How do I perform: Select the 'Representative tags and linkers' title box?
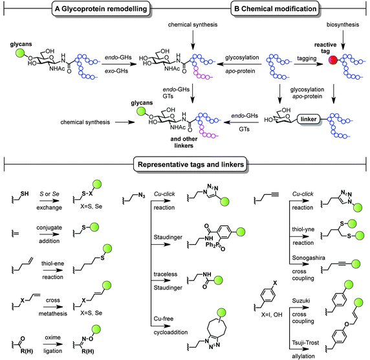186,163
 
